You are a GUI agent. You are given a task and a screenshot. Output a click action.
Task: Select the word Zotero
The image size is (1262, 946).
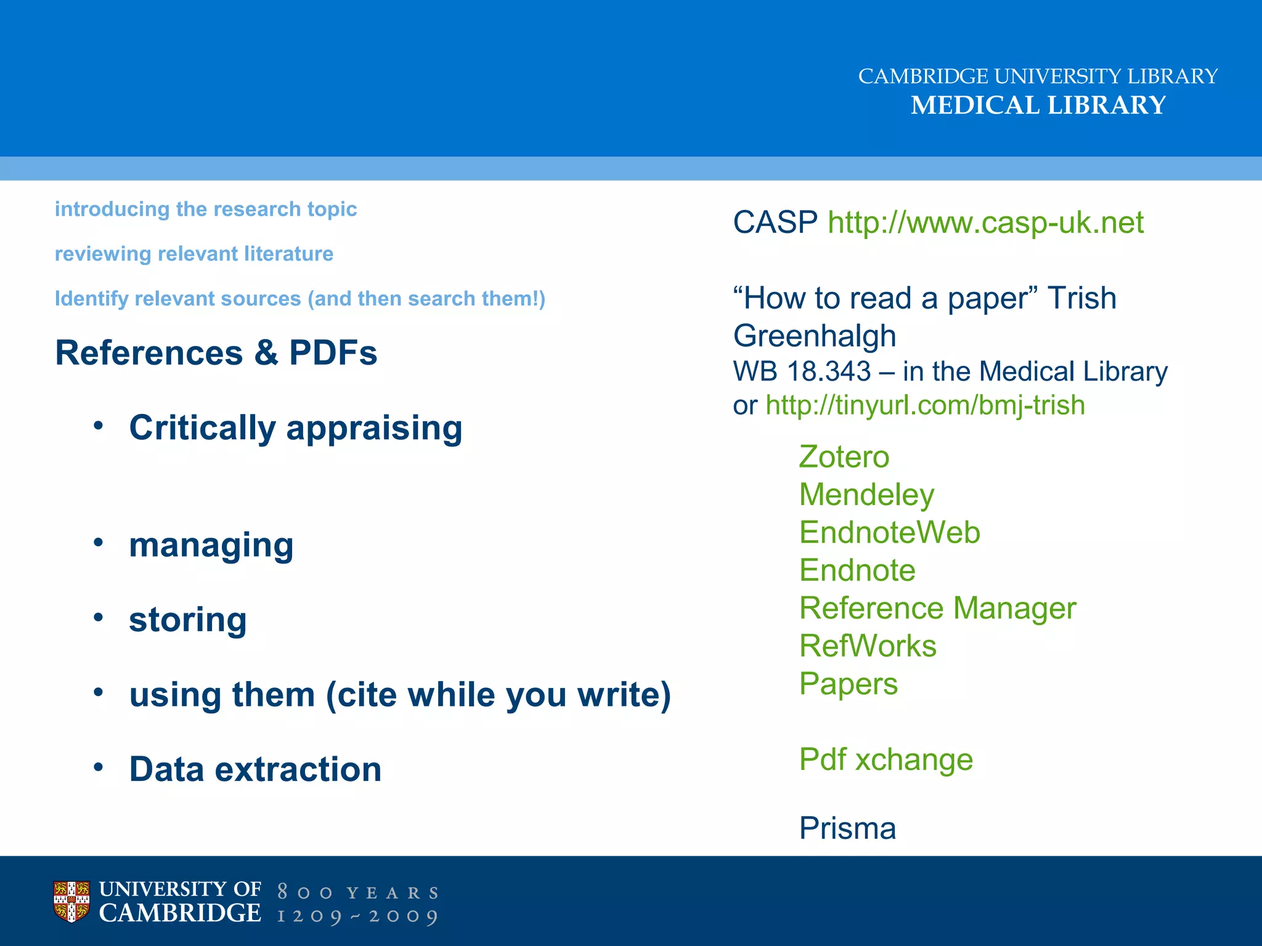pos(844,458)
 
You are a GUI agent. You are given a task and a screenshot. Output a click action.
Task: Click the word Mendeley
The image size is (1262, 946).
pos(866,495)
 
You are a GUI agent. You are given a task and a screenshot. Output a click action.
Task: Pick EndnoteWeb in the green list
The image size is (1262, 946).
pos(889,533)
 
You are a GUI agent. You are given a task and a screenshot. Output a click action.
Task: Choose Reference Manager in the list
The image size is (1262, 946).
pos(937,608)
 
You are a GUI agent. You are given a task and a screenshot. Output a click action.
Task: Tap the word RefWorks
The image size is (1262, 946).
pos(867,647)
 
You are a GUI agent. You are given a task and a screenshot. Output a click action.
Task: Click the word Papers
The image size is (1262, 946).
pos(848,684)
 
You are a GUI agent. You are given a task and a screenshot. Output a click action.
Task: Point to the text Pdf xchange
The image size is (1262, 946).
pos(885,760)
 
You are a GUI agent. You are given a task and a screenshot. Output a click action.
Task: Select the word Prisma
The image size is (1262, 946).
pos(847,829)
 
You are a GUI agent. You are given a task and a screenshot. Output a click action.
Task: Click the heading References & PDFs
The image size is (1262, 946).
pos(216,354)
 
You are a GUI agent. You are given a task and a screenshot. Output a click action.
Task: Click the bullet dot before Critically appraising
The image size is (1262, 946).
pos(99,426)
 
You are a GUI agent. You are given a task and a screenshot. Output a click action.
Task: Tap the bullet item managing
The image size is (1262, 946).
pos(211,546)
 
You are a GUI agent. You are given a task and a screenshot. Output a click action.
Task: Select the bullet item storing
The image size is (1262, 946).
pos(187,620)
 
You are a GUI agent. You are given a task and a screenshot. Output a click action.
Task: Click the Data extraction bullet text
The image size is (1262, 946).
pos(255,770)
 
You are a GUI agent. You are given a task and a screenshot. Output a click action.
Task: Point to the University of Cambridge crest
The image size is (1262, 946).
pos(71,902)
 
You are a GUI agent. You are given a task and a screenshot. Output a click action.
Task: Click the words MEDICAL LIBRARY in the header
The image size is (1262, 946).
pos(1038,105)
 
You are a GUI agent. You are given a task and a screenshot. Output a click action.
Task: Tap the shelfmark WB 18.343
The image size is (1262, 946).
pos(801,372)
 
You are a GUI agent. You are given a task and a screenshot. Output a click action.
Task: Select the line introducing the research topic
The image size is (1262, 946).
pos(206,209)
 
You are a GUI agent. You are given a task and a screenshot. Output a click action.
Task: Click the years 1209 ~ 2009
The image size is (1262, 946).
pos(357,916)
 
